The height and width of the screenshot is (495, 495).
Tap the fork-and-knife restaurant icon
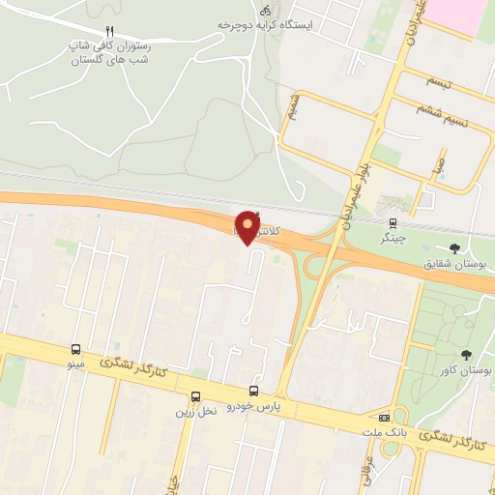pos(109,31)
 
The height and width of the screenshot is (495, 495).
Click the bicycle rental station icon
pos(239,9)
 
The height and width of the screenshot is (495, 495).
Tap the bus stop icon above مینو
pos(75,349)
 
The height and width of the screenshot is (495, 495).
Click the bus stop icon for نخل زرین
pos(196,396)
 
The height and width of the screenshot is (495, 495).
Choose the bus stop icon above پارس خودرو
pos(253,392)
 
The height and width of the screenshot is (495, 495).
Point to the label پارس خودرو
pos(253,407)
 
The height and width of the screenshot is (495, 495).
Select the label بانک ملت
pos(386,432)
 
